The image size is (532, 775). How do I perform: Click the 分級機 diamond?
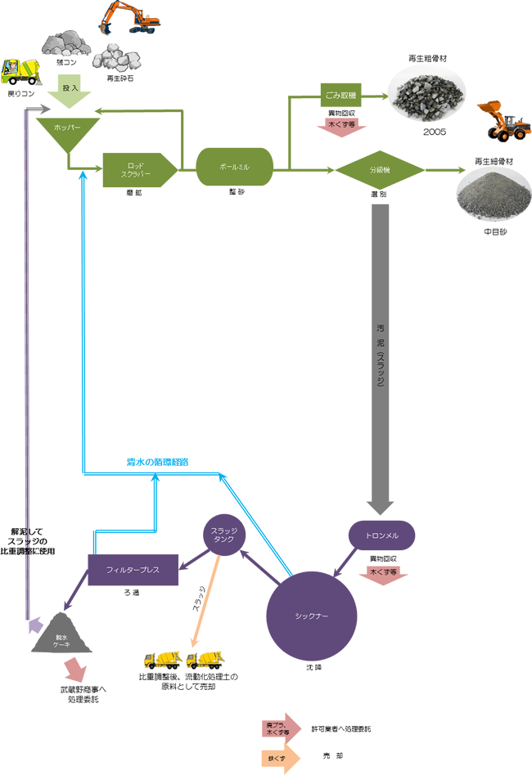(x=379, y=171)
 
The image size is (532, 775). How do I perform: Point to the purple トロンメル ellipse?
(x=381, y=535)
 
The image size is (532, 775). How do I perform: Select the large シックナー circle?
(x=311, y=615)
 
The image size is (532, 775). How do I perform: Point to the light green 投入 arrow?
(x=69, y=93)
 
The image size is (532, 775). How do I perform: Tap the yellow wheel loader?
(x=504, y=120)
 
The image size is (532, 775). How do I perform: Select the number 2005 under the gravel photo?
(x=435, y=132)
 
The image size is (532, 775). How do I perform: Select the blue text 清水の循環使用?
(x=156, y=462)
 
